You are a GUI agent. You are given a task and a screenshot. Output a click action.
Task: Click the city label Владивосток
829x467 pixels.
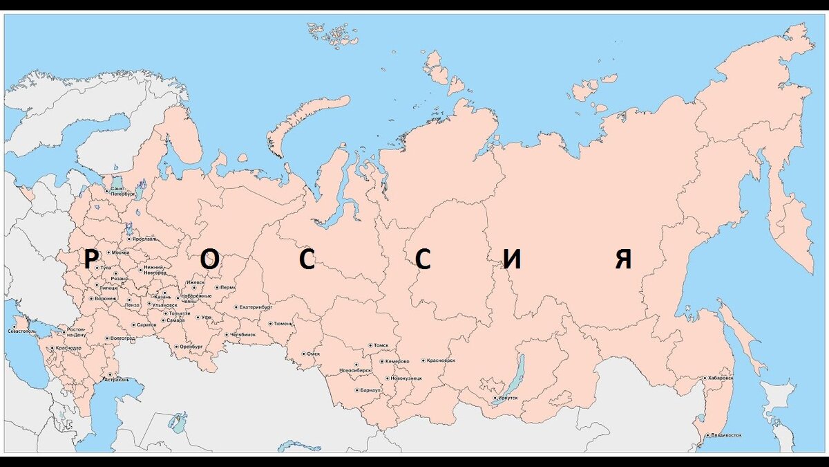[x=726, y=435]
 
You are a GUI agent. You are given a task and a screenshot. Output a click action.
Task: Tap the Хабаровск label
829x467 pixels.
[x=721, y=378]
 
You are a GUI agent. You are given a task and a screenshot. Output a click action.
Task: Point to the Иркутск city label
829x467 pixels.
[x=507, y=399]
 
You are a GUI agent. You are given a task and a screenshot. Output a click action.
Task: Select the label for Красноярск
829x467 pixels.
[x=441, y=360]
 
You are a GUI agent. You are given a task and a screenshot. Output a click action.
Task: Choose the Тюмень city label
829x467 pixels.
[x=283, y=323]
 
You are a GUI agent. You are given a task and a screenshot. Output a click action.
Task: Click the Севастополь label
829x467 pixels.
[x=21, y=331]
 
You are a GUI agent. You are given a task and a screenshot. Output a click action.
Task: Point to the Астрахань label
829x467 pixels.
[x=117, y=380]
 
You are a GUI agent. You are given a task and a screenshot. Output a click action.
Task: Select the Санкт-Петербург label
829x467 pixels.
[x=122, y=192]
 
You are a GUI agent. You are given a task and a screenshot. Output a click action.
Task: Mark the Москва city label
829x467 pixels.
[x=120, y=253]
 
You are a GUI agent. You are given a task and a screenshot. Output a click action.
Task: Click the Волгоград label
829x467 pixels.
[x=122, y=338]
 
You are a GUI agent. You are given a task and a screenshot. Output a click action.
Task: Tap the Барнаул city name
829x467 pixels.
[x=370, y=390]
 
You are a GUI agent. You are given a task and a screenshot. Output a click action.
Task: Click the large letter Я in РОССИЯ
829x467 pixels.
[x=624, y=259]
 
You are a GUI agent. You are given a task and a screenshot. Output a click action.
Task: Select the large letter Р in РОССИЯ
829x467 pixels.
[x=90, y=259]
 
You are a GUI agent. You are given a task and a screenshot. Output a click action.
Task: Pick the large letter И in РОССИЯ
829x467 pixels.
[x=512, y=259]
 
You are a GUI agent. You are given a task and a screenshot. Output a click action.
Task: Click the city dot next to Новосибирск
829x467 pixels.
[x=356, y=365]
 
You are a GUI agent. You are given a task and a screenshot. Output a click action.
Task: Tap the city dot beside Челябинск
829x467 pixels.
[x=227, y=334]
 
